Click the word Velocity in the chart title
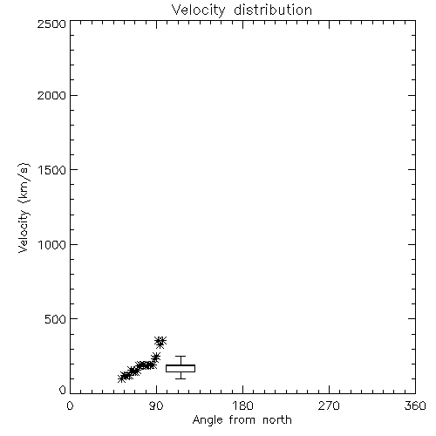198,10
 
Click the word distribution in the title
273,10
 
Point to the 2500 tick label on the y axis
51,24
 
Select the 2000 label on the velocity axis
51,95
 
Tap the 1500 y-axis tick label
52,170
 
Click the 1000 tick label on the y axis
52,244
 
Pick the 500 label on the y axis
56,319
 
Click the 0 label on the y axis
63,390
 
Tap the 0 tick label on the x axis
70,405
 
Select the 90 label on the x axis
156,405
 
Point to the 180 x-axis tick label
242,405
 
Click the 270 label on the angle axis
329,405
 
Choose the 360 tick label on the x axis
415,405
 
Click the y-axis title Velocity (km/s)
24,208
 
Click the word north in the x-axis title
277,420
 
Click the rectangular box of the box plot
181,365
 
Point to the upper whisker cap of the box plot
181,357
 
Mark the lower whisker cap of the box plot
181,378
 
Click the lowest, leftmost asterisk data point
122,378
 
